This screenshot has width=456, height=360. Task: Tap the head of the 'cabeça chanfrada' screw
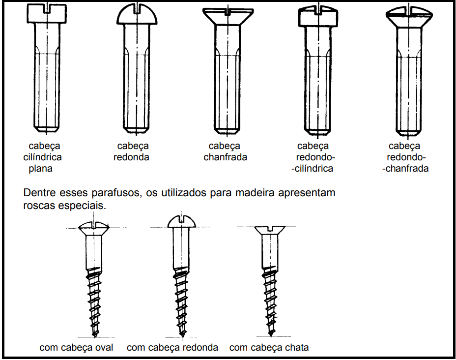coord(228,16)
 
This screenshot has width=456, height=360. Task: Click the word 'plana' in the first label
coord(40,169)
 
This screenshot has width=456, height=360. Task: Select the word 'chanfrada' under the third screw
coord(225,157)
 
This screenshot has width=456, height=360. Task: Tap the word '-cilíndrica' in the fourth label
coord(312,169)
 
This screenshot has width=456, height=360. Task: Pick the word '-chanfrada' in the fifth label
coord(408,169)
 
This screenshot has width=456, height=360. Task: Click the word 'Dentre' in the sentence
coord(38,193)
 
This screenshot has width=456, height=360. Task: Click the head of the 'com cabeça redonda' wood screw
coord(182,222)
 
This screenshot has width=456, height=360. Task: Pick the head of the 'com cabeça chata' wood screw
coord(268,230)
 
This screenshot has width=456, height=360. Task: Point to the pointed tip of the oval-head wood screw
coord(94,335)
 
